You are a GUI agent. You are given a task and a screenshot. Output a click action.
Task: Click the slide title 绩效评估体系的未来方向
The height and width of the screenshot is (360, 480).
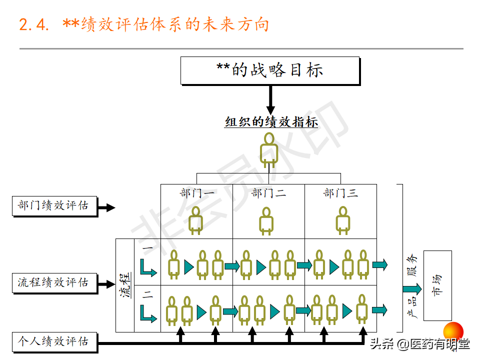coord(175,24)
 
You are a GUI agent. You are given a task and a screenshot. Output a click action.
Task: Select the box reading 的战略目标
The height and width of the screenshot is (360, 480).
coord(270,70)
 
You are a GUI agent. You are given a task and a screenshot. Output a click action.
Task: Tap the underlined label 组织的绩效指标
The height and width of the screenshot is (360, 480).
coord(271,122)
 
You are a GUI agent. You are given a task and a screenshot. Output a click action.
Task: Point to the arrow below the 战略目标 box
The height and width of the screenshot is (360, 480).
coord(270,100)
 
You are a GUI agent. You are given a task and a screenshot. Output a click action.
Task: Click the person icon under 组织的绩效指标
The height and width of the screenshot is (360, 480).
coord(269,150)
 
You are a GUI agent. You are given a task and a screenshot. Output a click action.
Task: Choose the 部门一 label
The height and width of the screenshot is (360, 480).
coord(197,193)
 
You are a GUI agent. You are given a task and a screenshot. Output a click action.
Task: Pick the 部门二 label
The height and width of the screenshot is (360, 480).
coord(269,193)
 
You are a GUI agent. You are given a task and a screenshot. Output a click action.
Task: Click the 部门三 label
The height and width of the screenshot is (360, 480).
coord(340,193)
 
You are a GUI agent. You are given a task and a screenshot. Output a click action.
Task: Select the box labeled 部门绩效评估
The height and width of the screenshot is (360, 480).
coord(54,206)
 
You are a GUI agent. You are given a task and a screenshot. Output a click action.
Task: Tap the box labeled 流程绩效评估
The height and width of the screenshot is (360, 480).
coord(54,283)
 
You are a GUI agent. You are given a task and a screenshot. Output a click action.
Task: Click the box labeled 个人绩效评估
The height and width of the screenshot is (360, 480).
coord(54,342)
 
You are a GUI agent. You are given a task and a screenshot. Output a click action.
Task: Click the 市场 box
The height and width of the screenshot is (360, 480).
coord(437,285)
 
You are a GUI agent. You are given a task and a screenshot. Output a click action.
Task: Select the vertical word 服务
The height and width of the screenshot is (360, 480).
coord(412,265)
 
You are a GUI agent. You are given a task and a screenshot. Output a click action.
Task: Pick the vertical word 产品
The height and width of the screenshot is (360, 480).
coord(412,306)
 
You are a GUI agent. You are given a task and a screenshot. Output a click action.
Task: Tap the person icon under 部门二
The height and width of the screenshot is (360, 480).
coord(266,221)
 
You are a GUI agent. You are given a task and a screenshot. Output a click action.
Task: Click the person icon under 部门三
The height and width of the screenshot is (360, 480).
coord(343,220)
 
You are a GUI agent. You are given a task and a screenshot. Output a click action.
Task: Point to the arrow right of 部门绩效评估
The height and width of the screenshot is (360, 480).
coord(106,207)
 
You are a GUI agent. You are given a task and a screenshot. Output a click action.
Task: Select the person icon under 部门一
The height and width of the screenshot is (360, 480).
coord(195,220)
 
